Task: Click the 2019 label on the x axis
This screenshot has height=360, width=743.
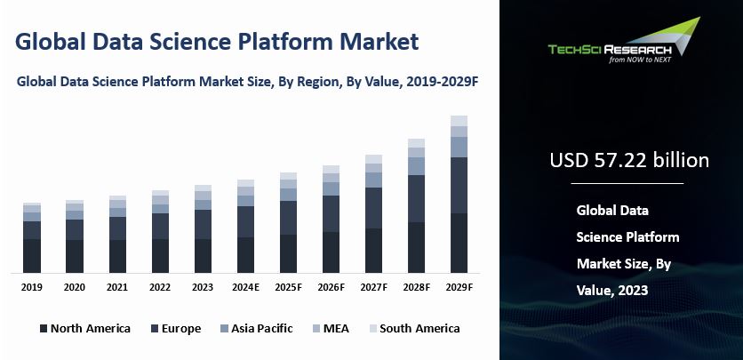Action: click(32, 287)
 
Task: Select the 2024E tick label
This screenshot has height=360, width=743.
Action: click(245, 287)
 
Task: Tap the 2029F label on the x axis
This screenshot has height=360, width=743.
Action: click(459, 287)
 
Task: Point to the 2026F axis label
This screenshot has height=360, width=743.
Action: click(331, 287)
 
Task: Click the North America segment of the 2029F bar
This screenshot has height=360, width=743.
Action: click(459, 243)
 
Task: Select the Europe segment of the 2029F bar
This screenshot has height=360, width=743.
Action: click(459, 185)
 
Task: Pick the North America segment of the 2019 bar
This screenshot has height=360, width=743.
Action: click(32, 255)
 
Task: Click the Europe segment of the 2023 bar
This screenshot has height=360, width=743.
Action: click(203, 224)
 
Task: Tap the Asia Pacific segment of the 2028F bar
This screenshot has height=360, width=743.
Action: click(416, 165)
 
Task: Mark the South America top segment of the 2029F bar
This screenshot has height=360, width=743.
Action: click(459, 121)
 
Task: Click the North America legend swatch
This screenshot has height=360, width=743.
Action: click(43, 329)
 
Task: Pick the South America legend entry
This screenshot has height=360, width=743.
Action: click(412, 329)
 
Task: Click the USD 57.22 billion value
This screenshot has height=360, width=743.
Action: click(628, 161)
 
